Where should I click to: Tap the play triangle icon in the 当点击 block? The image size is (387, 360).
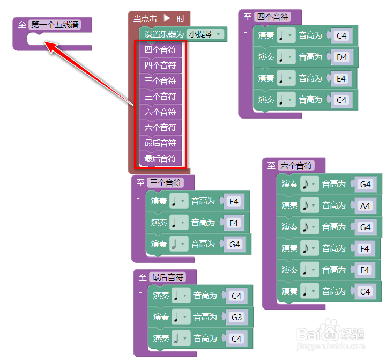[x=167, y=18]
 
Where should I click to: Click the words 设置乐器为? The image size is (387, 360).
[x=164, y=34]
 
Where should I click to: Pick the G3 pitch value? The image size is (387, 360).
[x=236, y=317]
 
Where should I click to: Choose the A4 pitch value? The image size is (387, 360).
[x=365, y=205]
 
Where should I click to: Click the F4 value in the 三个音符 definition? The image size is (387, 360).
[x=234, y=223]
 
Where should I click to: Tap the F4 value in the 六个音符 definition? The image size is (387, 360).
[x=365, y=248]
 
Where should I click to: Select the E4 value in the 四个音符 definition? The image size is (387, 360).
[x=340, y=78]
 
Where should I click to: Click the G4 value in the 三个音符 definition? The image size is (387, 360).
[x=234, y=244]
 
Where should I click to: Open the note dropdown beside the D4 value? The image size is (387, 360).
[x=286, y=57]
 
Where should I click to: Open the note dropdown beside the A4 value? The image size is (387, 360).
[x=309, y=205]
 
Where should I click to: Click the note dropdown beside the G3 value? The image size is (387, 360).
[x=181, y=317]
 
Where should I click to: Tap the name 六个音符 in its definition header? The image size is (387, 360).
[x=296, y=166]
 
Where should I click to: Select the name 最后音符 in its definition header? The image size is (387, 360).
[x=168, y=277]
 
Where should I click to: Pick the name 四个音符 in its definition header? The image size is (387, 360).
[x=273, y=17]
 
